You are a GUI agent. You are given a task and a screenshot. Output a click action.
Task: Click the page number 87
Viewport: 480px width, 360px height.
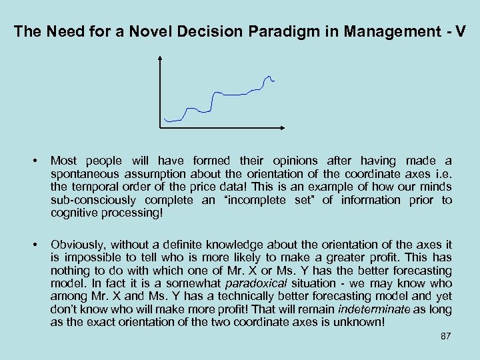(x=446, y=336)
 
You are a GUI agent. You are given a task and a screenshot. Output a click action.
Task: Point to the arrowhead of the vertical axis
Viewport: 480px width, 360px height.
(x=161, y=58)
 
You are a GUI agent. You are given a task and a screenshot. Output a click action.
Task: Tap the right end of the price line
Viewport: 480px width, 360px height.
(x=274, y=81)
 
